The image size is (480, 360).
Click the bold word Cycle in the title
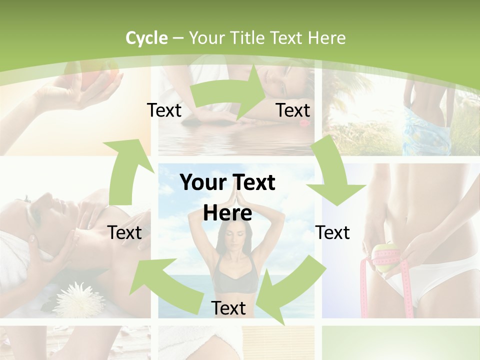146,38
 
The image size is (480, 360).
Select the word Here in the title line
326,38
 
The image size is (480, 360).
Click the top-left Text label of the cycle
164,110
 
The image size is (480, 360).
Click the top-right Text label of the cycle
293,110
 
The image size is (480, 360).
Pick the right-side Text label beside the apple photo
332,232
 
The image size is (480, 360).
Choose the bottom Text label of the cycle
228,308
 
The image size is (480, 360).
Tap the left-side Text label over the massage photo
124,232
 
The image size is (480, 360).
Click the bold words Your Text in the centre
227,182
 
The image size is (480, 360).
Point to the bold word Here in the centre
227,213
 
